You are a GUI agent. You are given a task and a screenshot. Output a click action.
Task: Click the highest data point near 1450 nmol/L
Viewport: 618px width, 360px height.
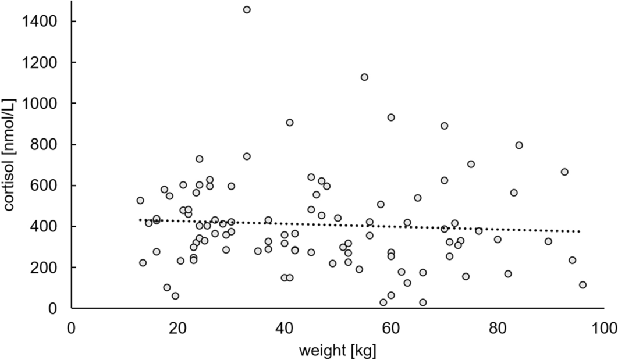pos(247,9)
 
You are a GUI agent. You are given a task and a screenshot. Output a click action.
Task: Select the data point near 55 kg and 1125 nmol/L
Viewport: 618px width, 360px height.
pos(364,77)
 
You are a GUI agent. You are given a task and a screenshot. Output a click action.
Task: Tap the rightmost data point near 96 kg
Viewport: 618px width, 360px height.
pos(583,285)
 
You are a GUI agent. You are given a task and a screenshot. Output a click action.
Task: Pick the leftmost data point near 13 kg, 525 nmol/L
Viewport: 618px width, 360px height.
pos(140,201)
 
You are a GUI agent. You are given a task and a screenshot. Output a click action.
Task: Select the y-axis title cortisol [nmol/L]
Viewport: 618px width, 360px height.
pos(10,156)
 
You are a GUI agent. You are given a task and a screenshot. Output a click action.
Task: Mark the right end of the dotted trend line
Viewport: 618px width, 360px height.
pos(580,231)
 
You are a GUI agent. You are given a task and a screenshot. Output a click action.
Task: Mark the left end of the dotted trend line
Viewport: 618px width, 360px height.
pos(140,220)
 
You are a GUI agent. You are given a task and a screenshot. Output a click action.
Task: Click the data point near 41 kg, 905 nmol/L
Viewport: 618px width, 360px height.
pos(290,123)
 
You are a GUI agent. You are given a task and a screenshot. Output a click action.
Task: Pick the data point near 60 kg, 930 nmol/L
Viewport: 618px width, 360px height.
pos(391,117)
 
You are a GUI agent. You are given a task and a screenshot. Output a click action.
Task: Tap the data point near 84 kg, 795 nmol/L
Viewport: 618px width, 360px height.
pos(519,145)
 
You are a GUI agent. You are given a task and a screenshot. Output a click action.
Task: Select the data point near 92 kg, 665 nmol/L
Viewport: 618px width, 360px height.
pos(564,172)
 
